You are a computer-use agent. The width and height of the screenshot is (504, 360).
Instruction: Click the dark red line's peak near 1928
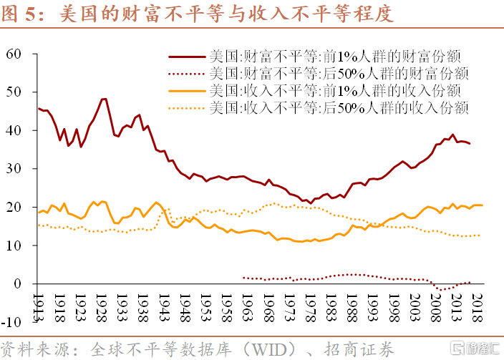(105, 99)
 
